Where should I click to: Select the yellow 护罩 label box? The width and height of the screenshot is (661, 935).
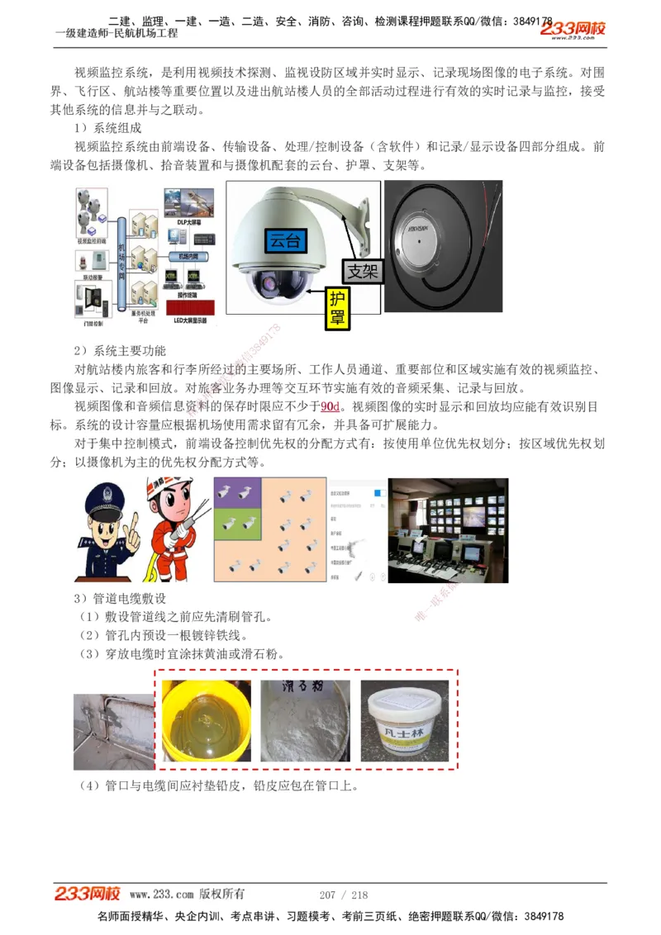point(337,308)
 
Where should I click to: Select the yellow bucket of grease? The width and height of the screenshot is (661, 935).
point(204,719)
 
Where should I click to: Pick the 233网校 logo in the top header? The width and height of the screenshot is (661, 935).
point(573,29)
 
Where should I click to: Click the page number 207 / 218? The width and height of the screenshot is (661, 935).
point(343,895)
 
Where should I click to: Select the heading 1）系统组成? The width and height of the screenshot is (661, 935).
point(107,128)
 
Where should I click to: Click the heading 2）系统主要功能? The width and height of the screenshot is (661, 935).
point(119,350)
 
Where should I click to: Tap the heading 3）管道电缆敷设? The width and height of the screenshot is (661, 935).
point(119,598)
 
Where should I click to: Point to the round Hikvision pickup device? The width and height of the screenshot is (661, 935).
point(430,240)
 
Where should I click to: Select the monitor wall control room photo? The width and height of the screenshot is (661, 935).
point(449,531)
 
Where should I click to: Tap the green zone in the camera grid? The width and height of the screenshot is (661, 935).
point(238,524)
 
